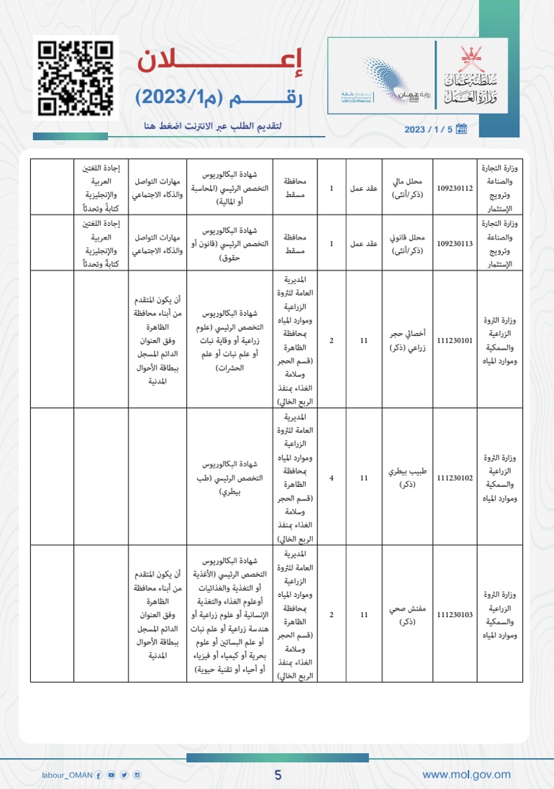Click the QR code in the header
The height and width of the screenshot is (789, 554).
[x=76, y=78]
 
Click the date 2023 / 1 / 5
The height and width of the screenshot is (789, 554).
[x=429, y=129]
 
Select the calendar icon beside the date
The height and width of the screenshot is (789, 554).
[x=462, y=129]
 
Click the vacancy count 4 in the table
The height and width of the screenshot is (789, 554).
[x=331, y=477]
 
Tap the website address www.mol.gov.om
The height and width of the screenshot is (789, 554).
[x=466, y=774]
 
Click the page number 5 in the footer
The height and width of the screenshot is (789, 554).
[x=278, y=775]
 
